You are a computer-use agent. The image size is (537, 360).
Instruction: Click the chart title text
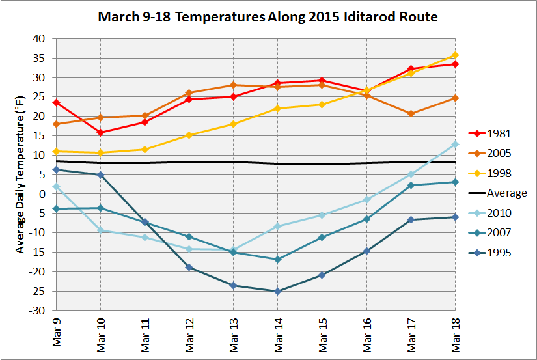(x=268, y=16)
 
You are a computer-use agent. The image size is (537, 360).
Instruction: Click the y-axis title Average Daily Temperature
(x=20, y=174)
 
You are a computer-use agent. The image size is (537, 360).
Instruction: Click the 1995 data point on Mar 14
(x=277, y=291)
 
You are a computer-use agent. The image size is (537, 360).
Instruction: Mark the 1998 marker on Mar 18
(x=455, y=55)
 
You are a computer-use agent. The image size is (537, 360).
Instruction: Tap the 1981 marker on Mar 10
(x=100, y=133)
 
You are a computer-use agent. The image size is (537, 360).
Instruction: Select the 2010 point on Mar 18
(x=455, y=145)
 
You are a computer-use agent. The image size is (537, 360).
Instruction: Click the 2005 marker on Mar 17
(x=411, y=114)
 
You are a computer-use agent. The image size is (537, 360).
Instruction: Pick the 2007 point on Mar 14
(x=277, y=259)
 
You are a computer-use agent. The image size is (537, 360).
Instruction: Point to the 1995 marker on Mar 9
(x=56, y=170)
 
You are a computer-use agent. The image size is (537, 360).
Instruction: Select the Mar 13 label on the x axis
(x=233, y=332)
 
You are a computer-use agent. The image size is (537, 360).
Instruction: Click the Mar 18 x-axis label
(x=455, y=332)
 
